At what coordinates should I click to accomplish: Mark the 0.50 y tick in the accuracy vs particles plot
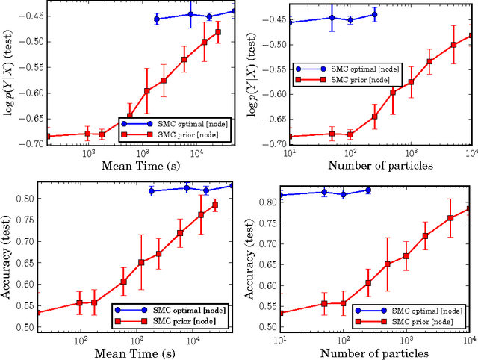click(x=267, y=327)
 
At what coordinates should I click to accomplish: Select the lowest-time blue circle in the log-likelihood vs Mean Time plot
click(x=156, y=19)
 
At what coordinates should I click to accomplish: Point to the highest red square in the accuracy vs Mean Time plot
click(x=214, y=205)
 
